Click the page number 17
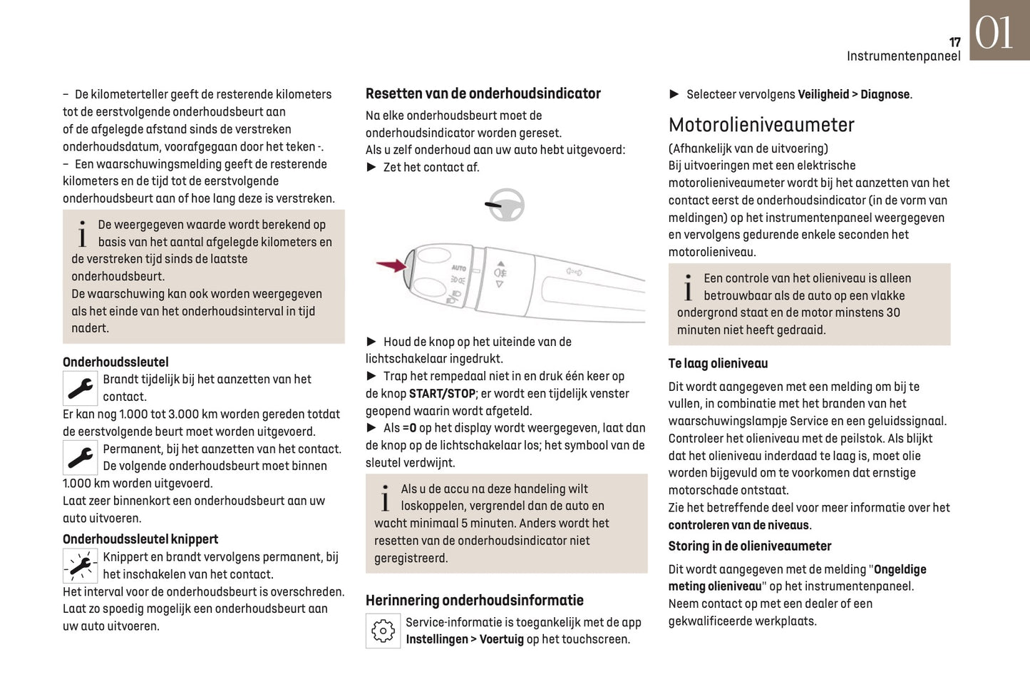point(954,42)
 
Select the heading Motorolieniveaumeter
point(761,125)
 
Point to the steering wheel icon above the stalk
point(505,205)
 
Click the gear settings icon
point(383,631)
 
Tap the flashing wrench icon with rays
point(81,566)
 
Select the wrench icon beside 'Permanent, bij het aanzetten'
point(81,458)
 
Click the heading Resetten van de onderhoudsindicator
point(483,93)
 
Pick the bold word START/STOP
point(442,394)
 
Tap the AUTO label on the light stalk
point(458,268)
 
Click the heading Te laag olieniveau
point(718,363)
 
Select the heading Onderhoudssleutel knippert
point(140,539)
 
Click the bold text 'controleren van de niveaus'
point(738,525)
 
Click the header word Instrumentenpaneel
point(903,56)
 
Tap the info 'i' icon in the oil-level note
point(687,288)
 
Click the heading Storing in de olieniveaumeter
point(749,546)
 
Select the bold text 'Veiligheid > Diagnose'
point(853,94)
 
